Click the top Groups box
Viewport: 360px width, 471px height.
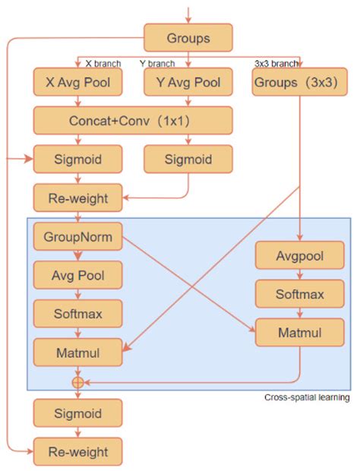point(188,37)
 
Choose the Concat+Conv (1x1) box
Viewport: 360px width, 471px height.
point(132,121)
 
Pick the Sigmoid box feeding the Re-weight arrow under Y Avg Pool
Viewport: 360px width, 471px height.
point(188,160)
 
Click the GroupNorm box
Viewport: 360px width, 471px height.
point(77,237)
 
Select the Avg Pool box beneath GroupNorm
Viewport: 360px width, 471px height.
point(77,275)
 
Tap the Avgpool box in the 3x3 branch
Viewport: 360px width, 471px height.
point(299,256)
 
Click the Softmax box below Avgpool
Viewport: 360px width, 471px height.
point(299,293)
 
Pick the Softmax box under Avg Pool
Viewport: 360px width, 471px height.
point(77,312)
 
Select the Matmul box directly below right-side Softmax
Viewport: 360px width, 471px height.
point(299,331)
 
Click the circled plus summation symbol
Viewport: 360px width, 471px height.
point(77,382)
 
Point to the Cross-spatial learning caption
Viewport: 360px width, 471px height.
point(307,397)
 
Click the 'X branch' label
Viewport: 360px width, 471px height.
point(99,63)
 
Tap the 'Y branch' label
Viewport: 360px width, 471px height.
point(157,63)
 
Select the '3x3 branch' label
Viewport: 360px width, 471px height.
point(275,63)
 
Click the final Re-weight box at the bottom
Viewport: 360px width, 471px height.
point(77,452)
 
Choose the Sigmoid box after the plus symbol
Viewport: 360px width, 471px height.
point(77,413)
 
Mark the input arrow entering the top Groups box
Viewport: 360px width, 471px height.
point(188,12)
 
